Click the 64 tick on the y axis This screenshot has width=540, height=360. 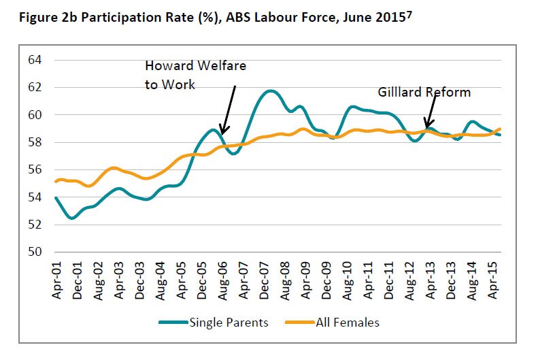[x=34, y=60]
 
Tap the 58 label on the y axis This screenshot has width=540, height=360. [x=34, y=143]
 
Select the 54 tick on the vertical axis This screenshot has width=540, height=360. [x=34, y=197]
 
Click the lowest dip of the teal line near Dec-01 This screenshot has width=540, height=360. [x=71, y=218]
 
